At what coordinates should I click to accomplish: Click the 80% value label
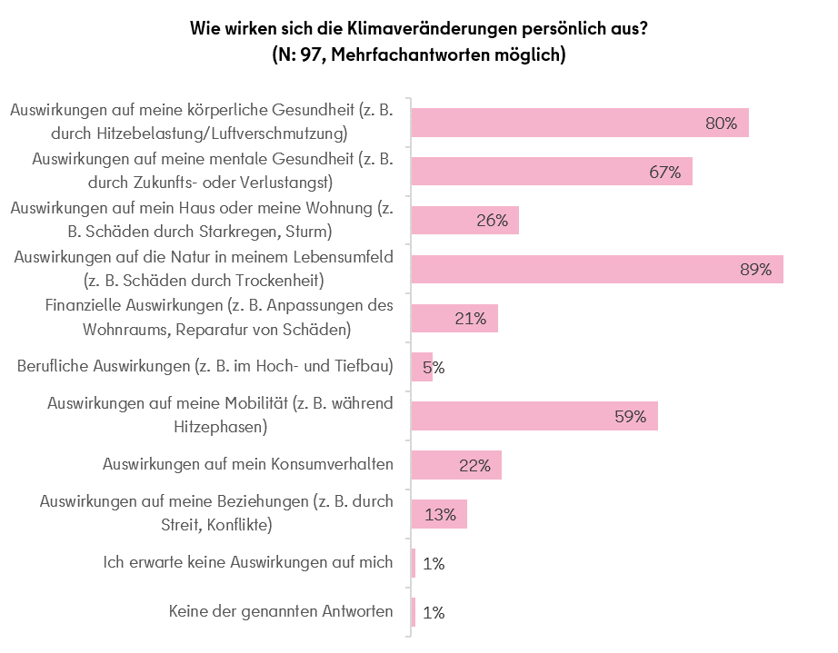point(721,123)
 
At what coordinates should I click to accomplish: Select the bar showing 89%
point(596,270)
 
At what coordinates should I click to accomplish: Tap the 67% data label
point(664,172)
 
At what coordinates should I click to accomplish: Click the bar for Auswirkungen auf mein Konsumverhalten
point(456,465)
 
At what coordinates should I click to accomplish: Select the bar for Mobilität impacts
point(534,416)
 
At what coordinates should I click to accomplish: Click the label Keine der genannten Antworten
point(281,611)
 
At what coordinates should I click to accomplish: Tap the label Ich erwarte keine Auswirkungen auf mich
point(248,562)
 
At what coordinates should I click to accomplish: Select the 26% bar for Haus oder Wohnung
point(464,221)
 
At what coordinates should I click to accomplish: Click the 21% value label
point(471,319)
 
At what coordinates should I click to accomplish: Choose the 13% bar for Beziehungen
point(439,514)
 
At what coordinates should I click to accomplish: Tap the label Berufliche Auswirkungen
point(102,367)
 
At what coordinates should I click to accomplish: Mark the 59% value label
point(629,417)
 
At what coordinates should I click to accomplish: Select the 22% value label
point(474,466)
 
